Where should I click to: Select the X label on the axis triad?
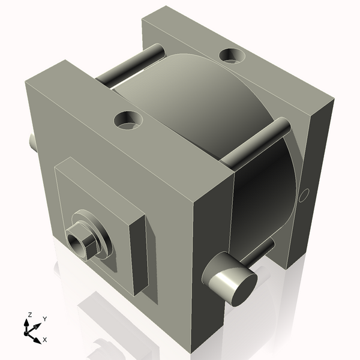pyautogui.click(x=44, y=340)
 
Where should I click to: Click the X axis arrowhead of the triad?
pyautogui.click(x=38, y=336)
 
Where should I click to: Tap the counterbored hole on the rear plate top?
pyautogui.click(x=232, y=56)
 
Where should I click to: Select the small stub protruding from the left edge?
pyautogui.click(x=32, y=142)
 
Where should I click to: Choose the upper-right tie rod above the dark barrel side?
pyautogui.click(x=255, y=142)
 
